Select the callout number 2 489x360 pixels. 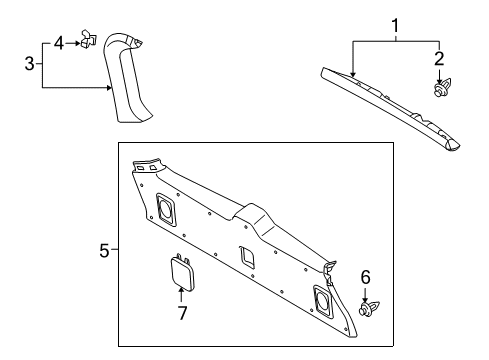pyautogui.click(x=437, y=57)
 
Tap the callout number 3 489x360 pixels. pyautogui.click(x=29, y=65)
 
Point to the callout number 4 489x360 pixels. pyautogui.click(x=59, y=42)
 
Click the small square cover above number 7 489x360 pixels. pyautogui.click(x=181, y=271)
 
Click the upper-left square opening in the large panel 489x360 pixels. pyautogui.click(x=165, y=209)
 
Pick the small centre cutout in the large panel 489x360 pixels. pyautogui.click(x=246, y=256)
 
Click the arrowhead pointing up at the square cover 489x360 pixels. pyautogui.click(x=181, y=292)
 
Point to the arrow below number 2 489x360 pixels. pyautogui.click(x=438, y=73)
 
